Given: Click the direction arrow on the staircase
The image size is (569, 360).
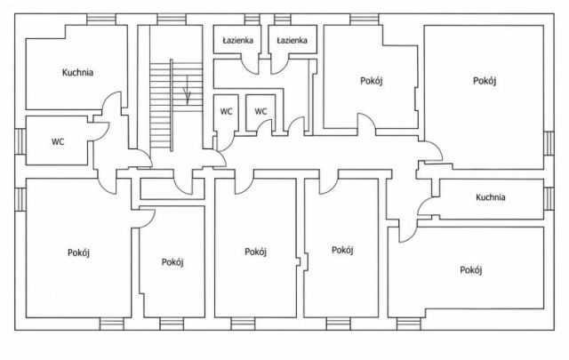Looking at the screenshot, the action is pyautogui.click(x=188, y=90).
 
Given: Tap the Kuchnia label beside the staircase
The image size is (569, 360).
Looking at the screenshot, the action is pyautogui.click(x=77, y=72).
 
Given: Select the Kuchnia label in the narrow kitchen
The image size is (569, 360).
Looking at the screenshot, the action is pyautogui.click(x=490, y=197).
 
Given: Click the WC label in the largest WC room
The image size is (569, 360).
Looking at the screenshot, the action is pyautogui.click(x=58, y=141).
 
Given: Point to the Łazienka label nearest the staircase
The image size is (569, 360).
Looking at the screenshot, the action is pyautogui.click(x=237, y=41).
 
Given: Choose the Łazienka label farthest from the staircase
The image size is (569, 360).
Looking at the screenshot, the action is pyautogui.click(x=292, y=40).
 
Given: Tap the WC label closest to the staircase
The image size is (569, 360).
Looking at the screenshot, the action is pyautogui.click(x=226, y=111).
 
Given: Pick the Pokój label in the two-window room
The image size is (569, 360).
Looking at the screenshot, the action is pyautogui.click(x=79, y=252).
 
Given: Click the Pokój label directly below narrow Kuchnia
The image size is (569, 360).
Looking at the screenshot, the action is pyautogui.click(x=471, y=270).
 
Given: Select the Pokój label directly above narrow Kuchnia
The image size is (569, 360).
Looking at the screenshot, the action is pyautogui.click(x=485, y=81).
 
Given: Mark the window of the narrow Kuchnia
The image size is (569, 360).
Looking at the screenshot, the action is pyautogui.click(x=549, y=198).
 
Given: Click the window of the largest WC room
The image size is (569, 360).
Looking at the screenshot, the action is pyautogui.click(x=20, y=141).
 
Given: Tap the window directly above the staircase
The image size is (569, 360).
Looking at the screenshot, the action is pyautogui.click(x=172, y=20).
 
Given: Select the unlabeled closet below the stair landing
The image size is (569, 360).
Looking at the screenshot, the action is pyautogui.click(x=172, y=188).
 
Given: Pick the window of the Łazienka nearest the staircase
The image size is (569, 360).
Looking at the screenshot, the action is pyautogui.click(x=252, y=20).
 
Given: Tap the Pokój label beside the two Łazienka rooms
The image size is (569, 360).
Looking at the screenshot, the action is pyautogui.click(x=372, y=81).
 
